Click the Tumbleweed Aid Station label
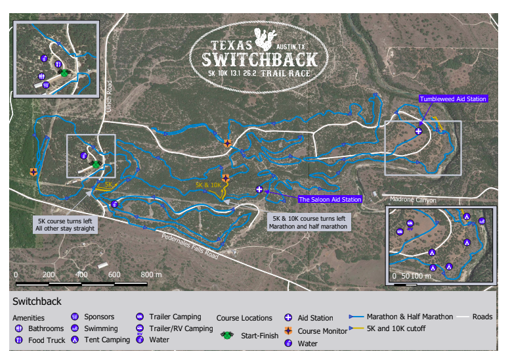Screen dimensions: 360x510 pos(453,99)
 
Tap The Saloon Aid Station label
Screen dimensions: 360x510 pos(329,199)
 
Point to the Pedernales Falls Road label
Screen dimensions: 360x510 pos(190,245)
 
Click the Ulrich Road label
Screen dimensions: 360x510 pos(110,96)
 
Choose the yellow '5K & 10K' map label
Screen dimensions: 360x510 pos(208,185)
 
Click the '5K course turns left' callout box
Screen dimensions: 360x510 pos(66,224)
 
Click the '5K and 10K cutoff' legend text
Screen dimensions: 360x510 pos(396,328)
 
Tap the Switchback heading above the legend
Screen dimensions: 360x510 pos(37,302)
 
